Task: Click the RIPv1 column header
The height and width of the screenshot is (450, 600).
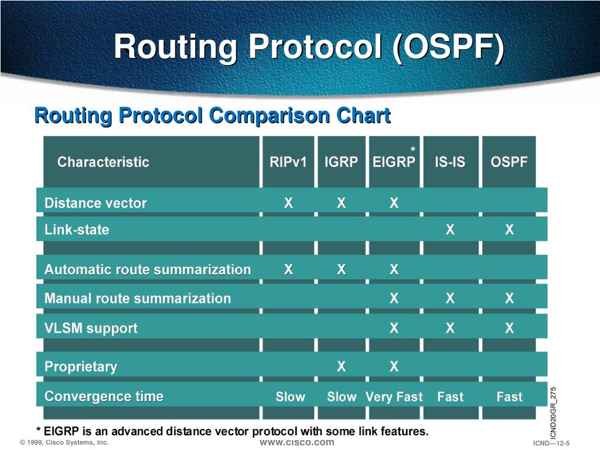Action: pyautogui.click(x=288, y=162)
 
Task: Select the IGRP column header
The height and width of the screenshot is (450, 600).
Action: pyautogui.click(x=341, y=162)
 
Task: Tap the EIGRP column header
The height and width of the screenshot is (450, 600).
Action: pyautogui.click(x=394, y=162)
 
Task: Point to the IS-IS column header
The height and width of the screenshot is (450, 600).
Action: pyautogui.click(x=450, y=162)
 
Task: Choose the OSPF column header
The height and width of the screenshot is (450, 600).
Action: pyautogui.click(x=509, y=162)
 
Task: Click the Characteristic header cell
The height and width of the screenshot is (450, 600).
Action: pyautogui.click(x=103, y=162)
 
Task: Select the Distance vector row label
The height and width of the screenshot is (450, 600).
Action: pyautogui.click(x=96, y=203)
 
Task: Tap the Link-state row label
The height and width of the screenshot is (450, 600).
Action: pyautogui.click(x=77, y=230)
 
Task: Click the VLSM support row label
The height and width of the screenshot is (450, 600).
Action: pyautogui.click(x=91, y=328)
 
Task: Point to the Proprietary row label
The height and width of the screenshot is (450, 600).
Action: pyautogui.click(x=81, y=367)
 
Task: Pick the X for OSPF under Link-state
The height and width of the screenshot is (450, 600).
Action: pyautogui.click(x=509, y=230)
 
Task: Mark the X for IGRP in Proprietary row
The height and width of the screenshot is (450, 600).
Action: pyautogui.click(x=342, y=367)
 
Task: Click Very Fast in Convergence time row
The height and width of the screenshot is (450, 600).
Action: pyautogui.click(x=394, y=397)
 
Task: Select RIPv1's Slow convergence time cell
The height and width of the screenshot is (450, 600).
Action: pyautogui.click(x=291, y=397)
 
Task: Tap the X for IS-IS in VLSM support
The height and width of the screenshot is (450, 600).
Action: pyautogui.click(x=451, y=328)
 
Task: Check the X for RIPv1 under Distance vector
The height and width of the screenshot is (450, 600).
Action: pyautogui.click(x=288, y=203)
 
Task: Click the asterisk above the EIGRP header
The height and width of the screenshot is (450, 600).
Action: pyautogui.click(x=413, y=149)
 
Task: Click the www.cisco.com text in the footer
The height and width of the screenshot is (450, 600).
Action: pyautogui.click(x=297, y=443)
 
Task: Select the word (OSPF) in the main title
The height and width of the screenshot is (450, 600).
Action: pyautogui.click(x=448, y=47)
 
